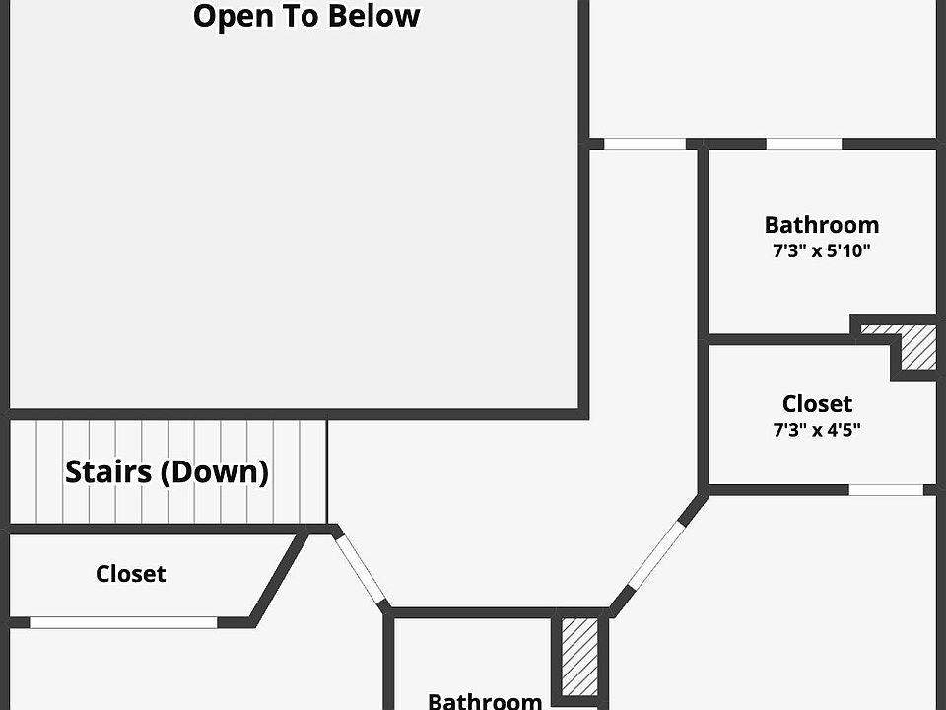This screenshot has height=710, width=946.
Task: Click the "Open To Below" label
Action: (306, 17)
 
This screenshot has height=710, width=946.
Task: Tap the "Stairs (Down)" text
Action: (167, 471)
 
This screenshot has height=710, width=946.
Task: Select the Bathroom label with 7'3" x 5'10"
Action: (821, 225)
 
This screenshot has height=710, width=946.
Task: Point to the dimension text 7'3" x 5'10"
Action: (821, 251)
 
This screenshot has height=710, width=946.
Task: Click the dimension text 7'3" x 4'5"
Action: (817, 430)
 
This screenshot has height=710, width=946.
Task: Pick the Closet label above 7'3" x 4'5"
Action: (817, 404)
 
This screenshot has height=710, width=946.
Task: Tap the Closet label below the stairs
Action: (130, 574)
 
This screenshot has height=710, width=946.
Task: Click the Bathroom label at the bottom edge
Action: (484, 700)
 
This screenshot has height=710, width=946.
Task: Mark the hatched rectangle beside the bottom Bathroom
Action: (578, 655)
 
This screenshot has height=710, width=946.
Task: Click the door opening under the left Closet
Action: (123, 622)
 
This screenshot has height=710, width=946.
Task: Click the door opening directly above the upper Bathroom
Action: (803, 144)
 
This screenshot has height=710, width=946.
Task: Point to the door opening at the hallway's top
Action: (643, 144)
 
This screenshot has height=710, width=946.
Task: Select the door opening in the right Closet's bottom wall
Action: (886, 489)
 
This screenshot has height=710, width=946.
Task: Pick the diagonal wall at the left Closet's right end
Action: (277, 579)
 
